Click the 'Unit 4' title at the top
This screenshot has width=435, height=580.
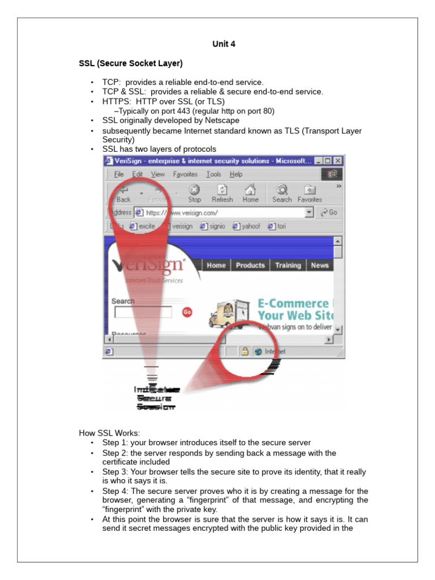pos(224,44)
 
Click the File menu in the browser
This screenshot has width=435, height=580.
pos(118,174)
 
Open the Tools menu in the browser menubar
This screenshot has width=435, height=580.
pos(214,174)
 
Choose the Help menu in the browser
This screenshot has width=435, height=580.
pos(236,174)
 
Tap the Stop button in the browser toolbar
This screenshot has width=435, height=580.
pos(194,194)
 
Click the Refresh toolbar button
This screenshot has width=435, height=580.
pos(222,194)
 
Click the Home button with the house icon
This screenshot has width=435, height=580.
pos(250,194)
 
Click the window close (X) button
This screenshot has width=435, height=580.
pos(338,161)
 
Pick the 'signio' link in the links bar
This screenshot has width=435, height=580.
pos(213,226)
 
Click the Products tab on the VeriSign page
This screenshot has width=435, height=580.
pos(250,265)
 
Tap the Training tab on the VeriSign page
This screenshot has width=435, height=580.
pos(288,265)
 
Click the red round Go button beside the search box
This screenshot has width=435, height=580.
pos(187,312)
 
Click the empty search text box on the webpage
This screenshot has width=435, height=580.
pos(143,312)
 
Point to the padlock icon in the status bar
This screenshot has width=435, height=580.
pos(245,351)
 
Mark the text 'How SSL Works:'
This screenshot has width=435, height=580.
pos(109,433)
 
